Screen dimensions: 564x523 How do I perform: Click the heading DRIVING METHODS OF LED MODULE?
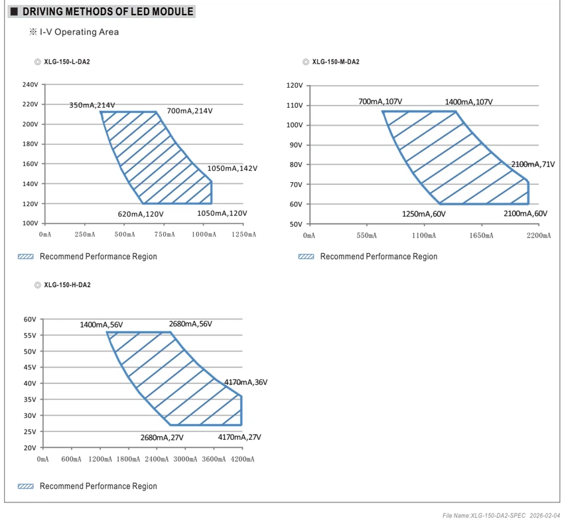click(108, 11)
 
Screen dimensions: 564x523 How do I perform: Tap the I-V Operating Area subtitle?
click(79, 32)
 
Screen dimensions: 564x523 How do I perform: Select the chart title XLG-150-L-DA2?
click(67, 62)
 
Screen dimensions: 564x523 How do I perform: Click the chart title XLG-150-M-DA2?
click(336, 62)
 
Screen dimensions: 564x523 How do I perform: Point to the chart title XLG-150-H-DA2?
click(67, 285)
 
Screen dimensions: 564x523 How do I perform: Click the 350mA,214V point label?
click(92, 105)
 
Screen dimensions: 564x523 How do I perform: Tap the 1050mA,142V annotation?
click(232, 169)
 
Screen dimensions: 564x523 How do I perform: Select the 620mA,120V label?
click(141, 214)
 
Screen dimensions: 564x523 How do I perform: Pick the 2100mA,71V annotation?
click(533, 165)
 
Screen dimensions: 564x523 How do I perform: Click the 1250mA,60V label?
click(424, 214)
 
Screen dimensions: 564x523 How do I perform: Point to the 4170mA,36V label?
click(246, 382)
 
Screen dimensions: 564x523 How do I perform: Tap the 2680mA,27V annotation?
click(162, 438)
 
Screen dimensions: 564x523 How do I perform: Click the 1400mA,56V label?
click(102, 325)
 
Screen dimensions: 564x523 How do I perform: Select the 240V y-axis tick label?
click(31, 84)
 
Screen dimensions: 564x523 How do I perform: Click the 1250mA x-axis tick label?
click(244, 235)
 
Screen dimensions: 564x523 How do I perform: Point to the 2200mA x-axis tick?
click(539, 235)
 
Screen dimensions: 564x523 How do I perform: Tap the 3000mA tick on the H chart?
click(185, 459)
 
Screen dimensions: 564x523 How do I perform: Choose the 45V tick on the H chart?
click(30, 367)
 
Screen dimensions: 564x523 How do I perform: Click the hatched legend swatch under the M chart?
click(306, 257)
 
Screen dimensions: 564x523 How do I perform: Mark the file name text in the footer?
click(484, 516)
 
